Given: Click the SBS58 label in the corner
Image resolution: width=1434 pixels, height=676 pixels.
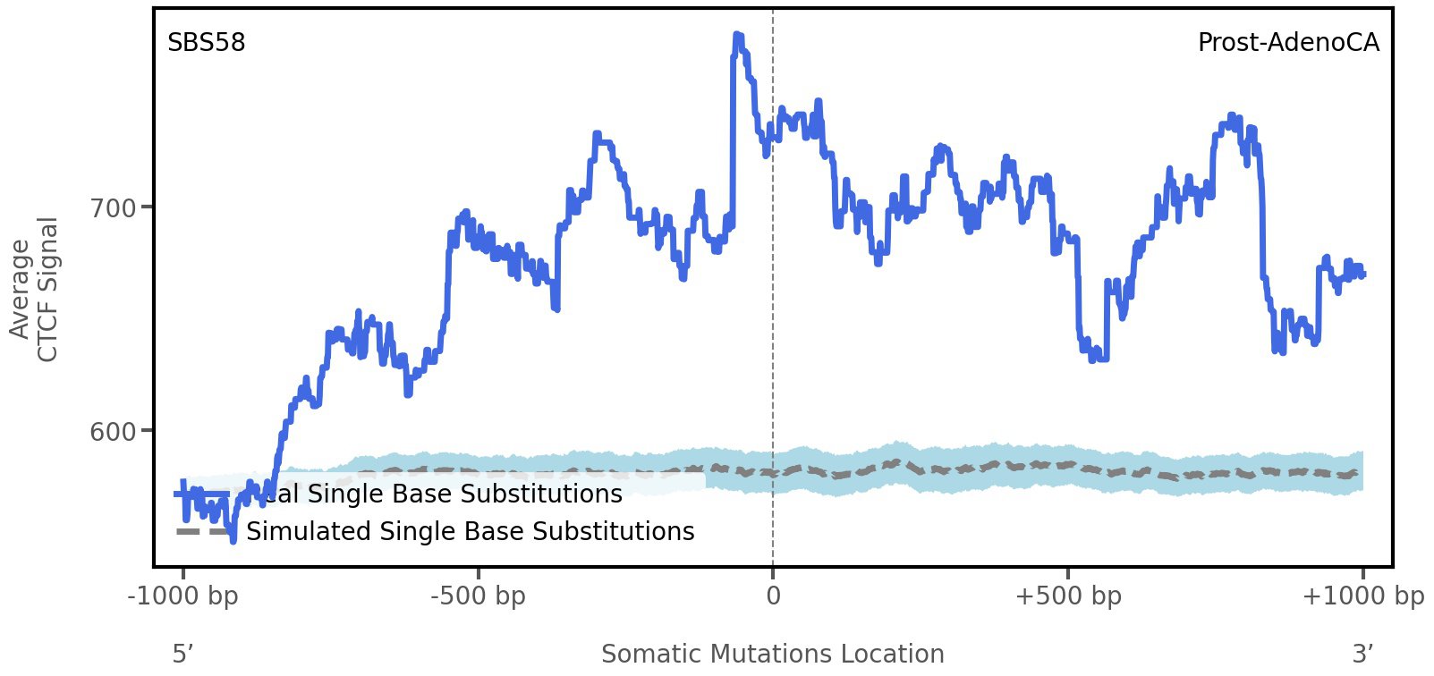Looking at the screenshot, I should coord(206,43).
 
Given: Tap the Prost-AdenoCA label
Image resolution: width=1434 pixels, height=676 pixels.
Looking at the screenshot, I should coord(1287,43).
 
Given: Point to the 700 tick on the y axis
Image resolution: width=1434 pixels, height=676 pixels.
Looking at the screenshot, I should coord(114,207).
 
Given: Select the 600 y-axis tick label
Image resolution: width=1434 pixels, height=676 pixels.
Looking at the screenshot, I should coord(114,431).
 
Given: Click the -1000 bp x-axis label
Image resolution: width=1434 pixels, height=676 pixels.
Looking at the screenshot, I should coord(183,596).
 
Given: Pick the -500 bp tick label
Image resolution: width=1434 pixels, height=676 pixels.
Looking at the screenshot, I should coord(478,596).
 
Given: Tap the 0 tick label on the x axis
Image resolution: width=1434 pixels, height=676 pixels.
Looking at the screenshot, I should coord(773,596).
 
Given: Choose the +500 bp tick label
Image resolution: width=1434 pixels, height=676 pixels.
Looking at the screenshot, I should coord(1067,596).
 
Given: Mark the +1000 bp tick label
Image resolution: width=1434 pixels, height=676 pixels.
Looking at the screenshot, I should coord(1362,596).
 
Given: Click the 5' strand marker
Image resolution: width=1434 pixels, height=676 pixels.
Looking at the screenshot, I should coord(182,654).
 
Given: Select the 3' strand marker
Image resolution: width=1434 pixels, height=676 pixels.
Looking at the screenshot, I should coord(1362,654).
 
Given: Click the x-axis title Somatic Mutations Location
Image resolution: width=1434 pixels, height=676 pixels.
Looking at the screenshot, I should coord(772,654).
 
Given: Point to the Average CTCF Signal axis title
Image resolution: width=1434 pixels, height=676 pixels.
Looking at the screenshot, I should coord(35,289).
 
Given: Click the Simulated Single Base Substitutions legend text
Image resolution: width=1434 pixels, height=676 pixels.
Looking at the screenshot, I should coord(470,531).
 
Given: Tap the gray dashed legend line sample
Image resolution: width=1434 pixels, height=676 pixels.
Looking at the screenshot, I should coord(204,531).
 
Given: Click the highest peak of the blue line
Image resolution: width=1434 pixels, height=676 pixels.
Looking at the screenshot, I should coord(737,36).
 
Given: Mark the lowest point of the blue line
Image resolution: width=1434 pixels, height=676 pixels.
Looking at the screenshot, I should coord(233,540).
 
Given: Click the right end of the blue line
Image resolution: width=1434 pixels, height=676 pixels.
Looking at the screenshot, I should coord(1362,275).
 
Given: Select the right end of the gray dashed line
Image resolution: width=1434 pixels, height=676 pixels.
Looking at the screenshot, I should coord(1361,473).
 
